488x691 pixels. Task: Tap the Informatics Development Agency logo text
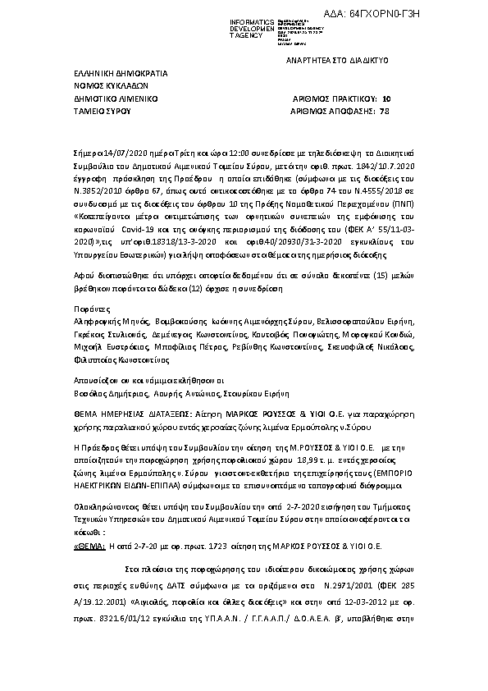(x=230, y=26)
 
